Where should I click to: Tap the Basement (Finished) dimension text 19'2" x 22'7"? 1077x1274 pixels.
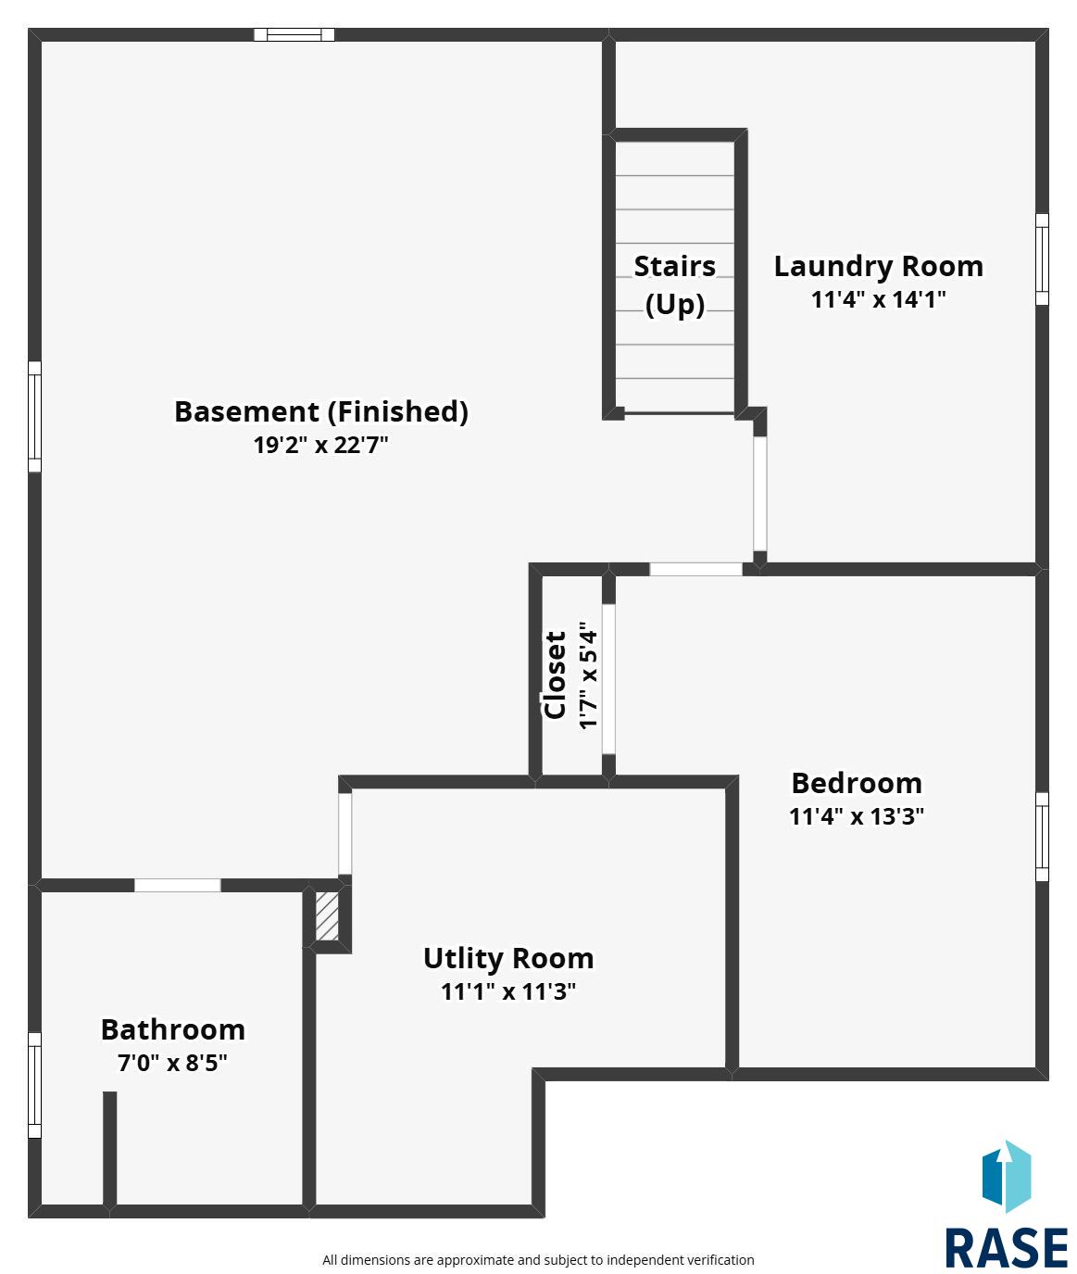tap(320, 445)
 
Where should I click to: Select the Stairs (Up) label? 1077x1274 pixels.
tap(675, 285)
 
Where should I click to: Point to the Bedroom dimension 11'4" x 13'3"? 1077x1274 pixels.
tap(857, 816)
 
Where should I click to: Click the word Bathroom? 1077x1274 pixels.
tap(173, 1029)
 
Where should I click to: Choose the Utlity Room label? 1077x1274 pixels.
tap(508, 958)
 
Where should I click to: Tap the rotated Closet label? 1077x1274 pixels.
tap(555, 675)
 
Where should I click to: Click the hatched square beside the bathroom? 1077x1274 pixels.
tap(327, 916)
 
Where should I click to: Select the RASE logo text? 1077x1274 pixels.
tap(1006, 1248)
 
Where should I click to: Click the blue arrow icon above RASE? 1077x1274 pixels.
tap(1006, 1177)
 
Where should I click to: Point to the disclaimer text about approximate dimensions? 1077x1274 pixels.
tap(538, 1260)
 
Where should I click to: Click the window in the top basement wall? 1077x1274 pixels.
tap(294, 34)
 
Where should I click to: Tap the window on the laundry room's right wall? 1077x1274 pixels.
tap(1042, 259)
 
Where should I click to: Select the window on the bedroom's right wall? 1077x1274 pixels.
tap(1042, 837)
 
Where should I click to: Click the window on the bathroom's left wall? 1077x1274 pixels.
tap(35, 1085)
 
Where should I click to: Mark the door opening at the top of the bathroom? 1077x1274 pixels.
tap(178, 885)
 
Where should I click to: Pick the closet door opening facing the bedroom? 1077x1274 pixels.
tap(608, 678)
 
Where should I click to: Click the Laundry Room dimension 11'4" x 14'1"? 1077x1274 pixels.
tap(878, 299)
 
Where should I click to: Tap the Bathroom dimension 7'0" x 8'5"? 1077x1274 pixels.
tap(172, 1063)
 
